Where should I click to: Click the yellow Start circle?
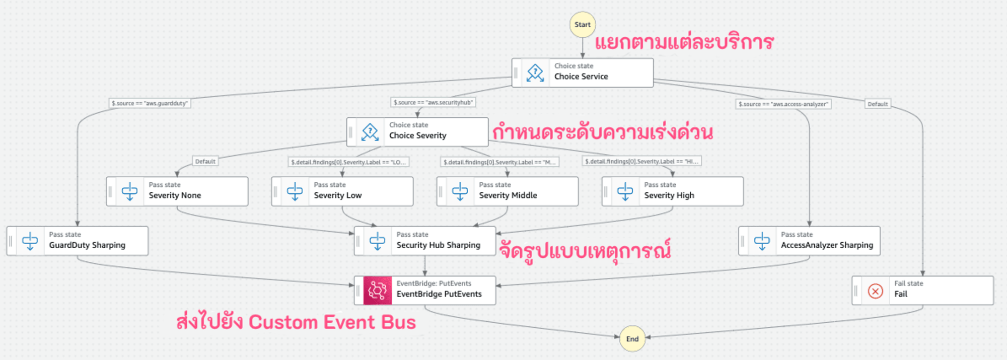tap(583, 25)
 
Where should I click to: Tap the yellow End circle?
tap(632, 339)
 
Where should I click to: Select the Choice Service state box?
tap(583, 73)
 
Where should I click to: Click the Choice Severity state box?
tap(417, 132)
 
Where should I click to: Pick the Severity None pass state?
tap(177, 191)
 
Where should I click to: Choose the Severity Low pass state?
tap(342, 191)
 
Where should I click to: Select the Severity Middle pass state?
tap(508, 191)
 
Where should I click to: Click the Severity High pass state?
tap(673, 191)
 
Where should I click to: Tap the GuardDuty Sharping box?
tap(78, 241)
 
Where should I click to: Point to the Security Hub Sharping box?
tap(425, 241)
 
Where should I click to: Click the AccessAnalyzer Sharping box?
tap(810, 241)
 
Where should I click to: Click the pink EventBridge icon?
tap(378, 291)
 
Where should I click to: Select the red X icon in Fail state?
tap(876, 291)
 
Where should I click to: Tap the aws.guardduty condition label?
tap(150, 103)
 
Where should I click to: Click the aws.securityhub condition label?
tap(434, 103)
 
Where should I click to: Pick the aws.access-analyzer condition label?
tap(783, 104)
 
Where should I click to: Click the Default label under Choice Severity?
tap(205, 162)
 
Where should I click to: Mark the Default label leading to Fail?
tap(878, 104)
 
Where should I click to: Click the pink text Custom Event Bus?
tap(332, 322)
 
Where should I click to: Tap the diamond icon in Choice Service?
tap(535, 73)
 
